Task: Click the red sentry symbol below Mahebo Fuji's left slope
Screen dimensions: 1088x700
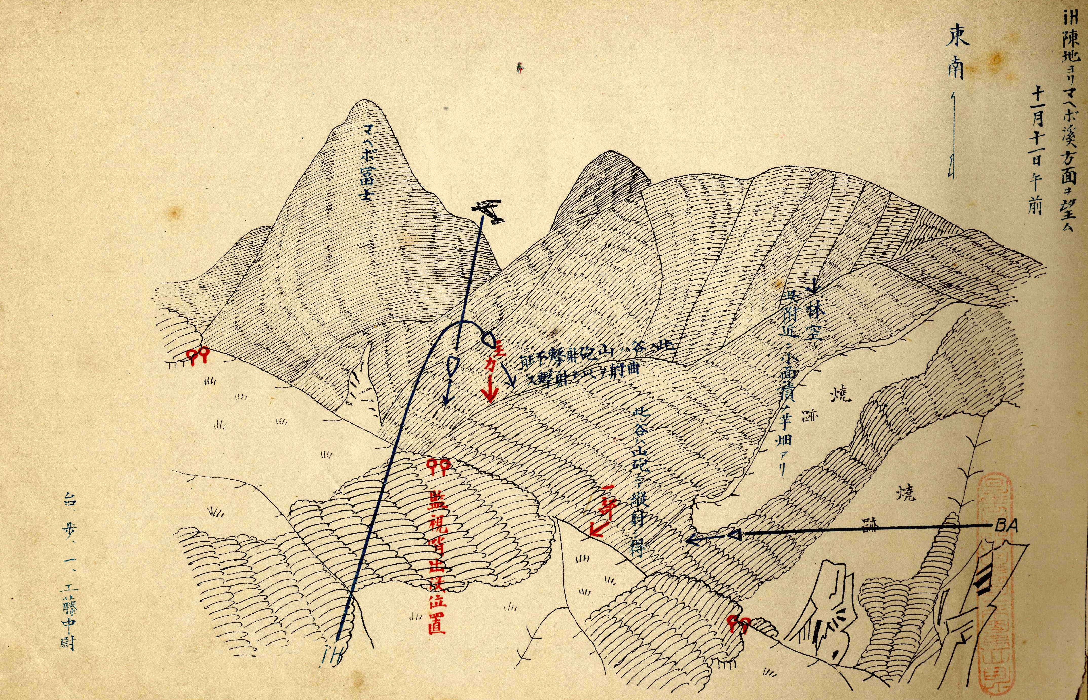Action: coord(198,356)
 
